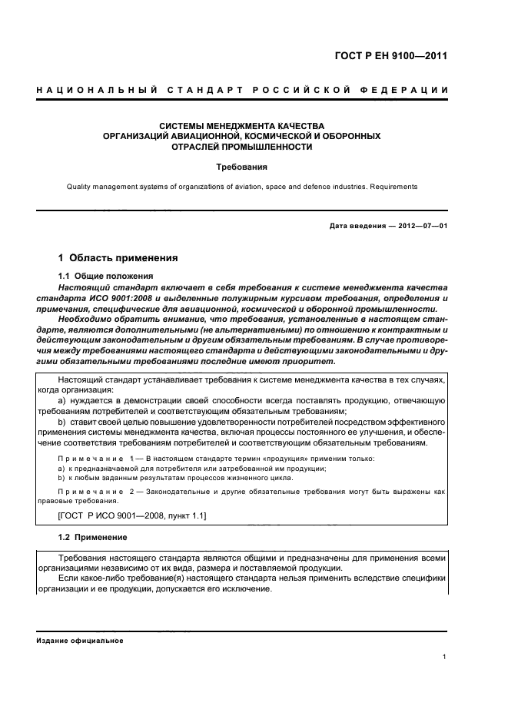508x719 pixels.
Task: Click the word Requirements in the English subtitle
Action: pos(390,187)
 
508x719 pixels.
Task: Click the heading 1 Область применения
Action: pos(118,258)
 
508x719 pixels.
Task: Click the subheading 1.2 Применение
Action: pos(93,536)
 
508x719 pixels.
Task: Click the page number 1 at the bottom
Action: pos(445,657)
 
